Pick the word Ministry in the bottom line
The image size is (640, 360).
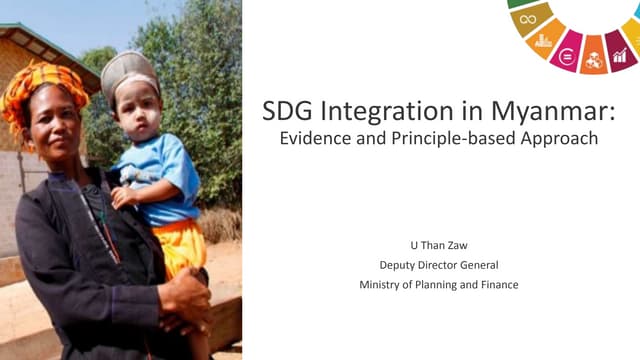coord(383,285)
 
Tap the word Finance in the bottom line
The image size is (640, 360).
coord(497,285)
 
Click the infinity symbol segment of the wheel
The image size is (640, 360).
coord(528,18)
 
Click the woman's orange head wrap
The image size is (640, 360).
coord(45,86)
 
